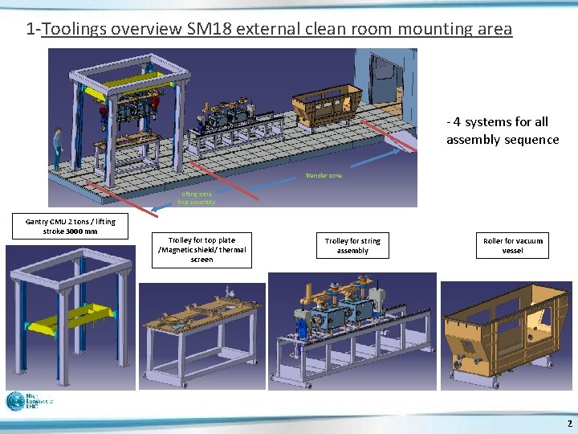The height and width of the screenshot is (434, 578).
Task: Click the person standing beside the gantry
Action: [57, 147]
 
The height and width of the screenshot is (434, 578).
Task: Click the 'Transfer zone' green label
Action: [324, 175]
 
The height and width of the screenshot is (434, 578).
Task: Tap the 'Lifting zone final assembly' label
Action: [196, 198]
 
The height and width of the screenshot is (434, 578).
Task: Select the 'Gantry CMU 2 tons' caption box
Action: [70, 226]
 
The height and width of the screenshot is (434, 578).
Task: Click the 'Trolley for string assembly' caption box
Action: [352, 245]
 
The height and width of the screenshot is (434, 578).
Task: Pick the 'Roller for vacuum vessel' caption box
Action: [512, 245]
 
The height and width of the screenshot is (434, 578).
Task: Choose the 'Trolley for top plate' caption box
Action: [201, 249]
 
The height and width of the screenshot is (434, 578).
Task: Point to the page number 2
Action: [569, 423]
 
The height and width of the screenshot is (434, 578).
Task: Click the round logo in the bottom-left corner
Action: [15, 401]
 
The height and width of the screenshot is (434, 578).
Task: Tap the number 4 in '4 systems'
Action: [456, 122]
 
